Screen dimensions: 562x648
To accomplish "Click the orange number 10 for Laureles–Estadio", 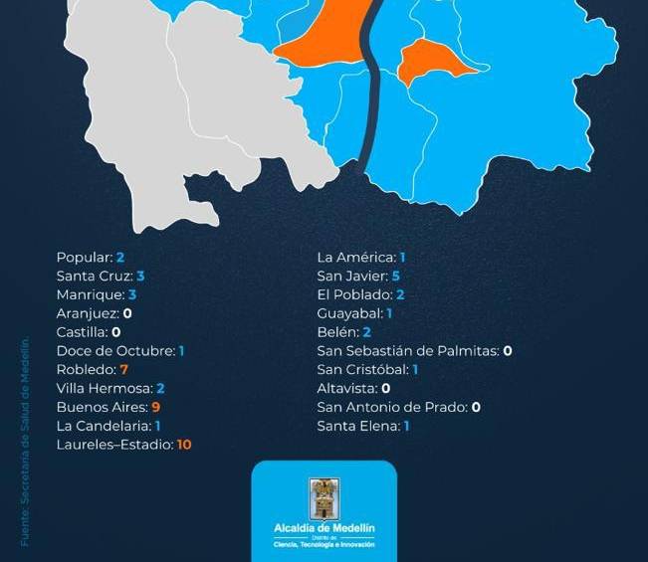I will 184,445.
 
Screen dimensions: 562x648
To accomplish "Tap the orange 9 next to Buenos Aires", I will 156,407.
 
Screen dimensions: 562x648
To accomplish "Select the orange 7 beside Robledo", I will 124,369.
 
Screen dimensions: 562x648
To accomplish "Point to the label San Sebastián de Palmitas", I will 408,351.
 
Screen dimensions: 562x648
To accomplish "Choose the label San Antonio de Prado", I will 392,407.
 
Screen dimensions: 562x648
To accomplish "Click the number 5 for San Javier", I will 395,276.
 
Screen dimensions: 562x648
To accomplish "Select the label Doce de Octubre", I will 114,351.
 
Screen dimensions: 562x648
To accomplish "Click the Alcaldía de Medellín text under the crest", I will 324,528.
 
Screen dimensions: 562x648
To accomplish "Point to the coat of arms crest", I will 324,498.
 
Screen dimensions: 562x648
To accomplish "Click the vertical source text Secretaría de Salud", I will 26,443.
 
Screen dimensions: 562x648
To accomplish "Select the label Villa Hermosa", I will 104,388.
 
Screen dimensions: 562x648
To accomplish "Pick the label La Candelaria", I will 104,426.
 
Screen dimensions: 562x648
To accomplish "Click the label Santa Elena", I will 357,426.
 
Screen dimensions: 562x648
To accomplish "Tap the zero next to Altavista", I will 385,388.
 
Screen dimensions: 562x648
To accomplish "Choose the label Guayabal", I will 349,313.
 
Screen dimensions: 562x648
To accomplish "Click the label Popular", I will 84,257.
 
